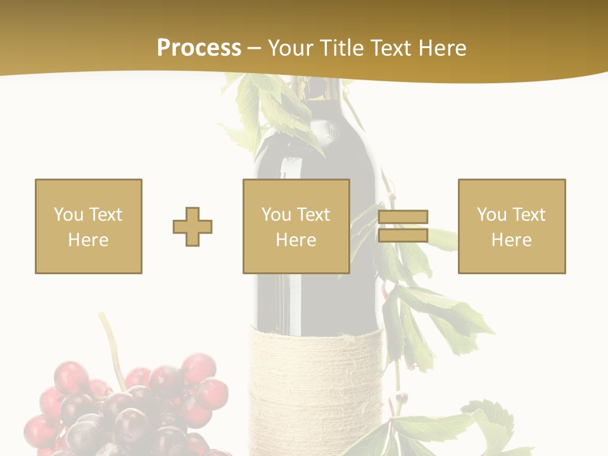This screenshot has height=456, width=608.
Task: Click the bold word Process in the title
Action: point(199,48)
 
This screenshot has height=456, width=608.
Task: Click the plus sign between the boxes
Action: point(193,227)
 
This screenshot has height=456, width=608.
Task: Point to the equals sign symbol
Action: point(403,226)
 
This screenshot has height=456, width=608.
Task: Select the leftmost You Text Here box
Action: point(89,226)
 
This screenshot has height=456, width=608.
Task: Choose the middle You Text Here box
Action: point(296,226)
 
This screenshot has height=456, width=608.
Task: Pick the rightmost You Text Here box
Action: point(512,226)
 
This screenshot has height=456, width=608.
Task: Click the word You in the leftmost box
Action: point(68,215)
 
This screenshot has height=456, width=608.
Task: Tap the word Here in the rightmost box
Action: point(512,240)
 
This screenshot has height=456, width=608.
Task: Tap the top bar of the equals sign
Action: point(403,217)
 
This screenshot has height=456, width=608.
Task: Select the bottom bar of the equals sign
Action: point(403,236)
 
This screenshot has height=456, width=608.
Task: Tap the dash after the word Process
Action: point(255,49)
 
